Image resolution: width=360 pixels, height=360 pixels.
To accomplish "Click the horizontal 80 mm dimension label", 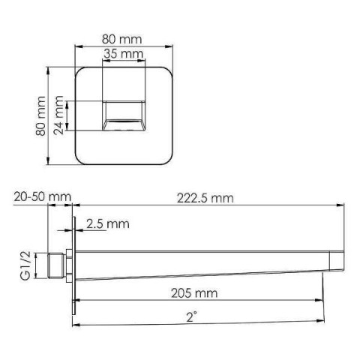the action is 121,39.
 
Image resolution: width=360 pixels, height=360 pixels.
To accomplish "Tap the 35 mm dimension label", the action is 124,53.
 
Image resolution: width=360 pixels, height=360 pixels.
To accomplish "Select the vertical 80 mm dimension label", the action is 40,116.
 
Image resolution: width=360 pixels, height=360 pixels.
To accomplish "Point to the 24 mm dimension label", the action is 59,115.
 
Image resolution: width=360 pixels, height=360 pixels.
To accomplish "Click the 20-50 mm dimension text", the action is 43,197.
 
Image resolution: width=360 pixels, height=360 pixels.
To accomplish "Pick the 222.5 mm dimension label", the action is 205,199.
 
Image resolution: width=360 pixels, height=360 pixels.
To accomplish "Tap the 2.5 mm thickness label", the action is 108,223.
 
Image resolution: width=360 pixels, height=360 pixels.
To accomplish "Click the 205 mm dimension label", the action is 194,293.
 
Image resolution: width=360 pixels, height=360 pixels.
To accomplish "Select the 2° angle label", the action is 192,317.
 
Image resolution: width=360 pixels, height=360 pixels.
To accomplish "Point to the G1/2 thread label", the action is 25,265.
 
